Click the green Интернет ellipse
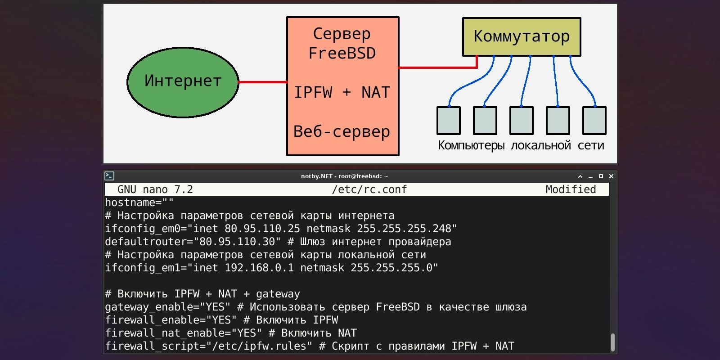tap(183, 82)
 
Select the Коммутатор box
tap(522, 36)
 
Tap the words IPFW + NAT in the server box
tap(342, 92)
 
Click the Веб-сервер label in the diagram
tap(342, 131)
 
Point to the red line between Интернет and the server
tap(262, 82)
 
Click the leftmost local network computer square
tap(448, 121)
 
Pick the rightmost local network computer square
tap(594, 121)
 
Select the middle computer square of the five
tap(521, 121)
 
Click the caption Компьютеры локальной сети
tap(521, 145)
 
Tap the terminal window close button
tap(611, 176)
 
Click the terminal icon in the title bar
tap(109, 176)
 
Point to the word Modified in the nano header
tap(571, 189)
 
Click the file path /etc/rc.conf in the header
tap(369, 189)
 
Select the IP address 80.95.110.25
tap(262, 229)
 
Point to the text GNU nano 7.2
tap(155, 189)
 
